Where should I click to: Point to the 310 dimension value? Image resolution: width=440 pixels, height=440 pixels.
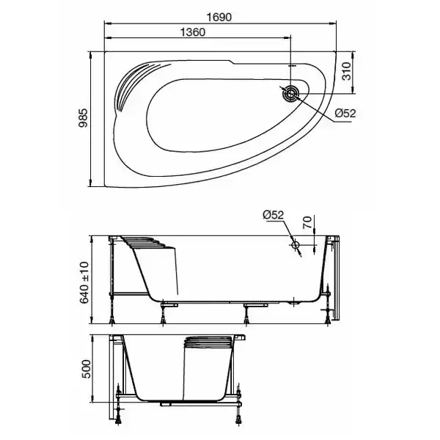point(348,71)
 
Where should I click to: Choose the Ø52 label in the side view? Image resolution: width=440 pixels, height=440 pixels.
point(273,215)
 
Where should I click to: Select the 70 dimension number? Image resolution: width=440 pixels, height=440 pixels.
point(308,220)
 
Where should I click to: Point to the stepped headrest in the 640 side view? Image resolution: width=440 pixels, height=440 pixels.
point(150,246)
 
